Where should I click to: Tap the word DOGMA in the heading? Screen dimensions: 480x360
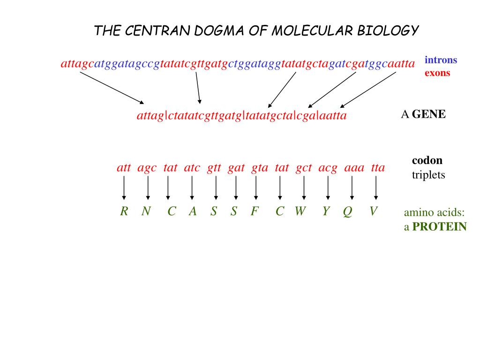[x=204, y=31]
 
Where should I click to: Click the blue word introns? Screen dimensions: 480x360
[x=441, y=60]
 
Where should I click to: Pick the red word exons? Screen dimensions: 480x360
[x=437, y=73]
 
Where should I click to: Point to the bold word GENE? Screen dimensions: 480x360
[x=429, y=114]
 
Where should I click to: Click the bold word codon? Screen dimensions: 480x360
[x=427, y=160]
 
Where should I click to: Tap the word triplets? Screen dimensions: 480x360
[x=428, y=175]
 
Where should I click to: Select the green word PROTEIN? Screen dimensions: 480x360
[x=440, y=227]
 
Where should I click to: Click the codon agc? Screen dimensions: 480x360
[x=147, y=168]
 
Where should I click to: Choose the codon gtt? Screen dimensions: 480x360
[x=214, y=168]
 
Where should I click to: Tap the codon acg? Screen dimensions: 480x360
[x=328, y=168]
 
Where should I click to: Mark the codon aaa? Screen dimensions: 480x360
[x=354, y=168]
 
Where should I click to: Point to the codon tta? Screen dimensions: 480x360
[x=378, y=168]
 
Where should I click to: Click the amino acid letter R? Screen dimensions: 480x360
[x=124, y=212]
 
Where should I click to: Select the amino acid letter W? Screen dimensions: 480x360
[x=300, y=212]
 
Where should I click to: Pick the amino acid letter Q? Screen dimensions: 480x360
[x=347, y=212]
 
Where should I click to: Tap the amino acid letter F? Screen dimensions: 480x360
[x=255, y=212]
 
